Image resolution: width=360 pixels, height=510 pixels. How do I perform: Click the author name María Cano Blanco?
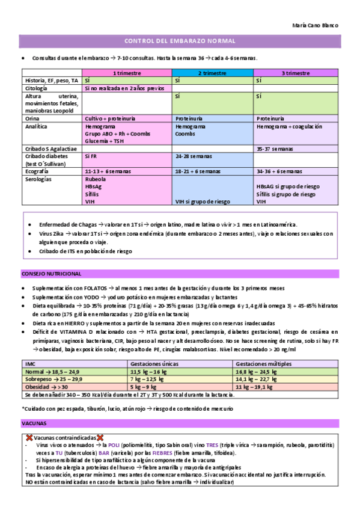tap(315, 26)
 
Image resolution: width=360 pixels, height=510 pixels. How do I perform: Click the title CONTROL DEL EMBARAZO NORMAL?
tap(179, 41)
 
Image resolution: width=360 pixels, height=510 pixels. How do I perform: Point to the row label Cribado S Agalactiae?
tap(50, 147)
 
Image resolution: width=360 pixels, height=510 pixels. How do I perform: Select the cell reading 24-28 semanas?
tap(191, 156)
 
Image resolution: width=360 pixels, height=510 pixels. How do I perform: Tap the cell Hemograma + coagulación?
tap(289, 127)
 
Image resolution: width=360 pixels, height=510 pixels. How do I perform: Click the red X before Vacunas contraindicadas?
tap(30, 437)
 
